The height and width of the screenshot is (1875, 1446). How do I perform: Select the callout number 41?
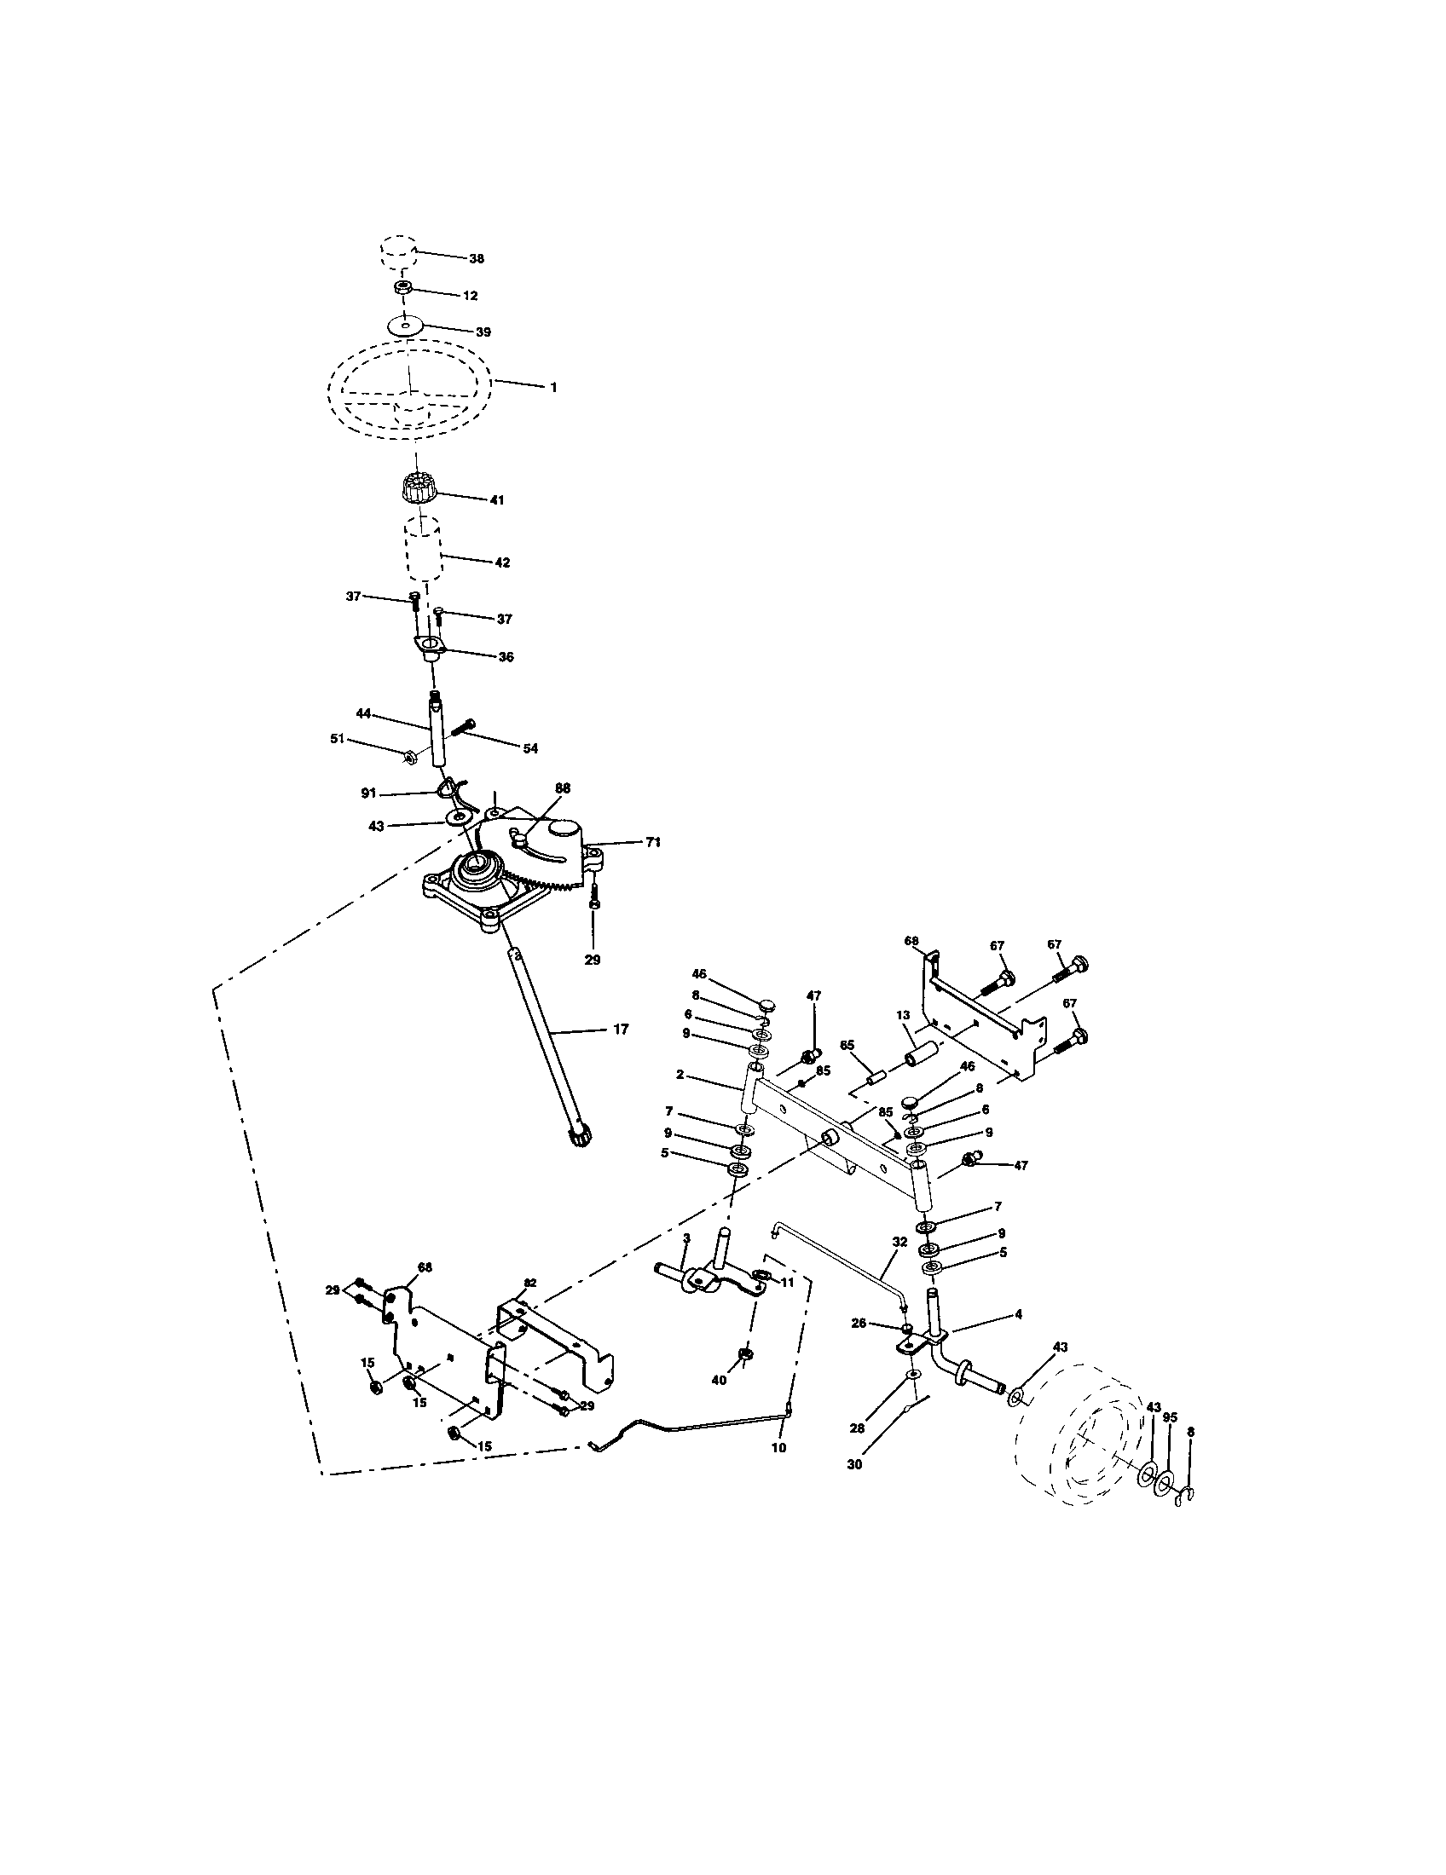click(496, 499)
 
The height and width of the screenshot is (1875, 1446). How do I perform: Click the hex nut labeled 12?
click(402, 289)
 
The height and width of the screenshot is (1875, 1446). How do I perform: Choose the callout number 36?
click(506, 657)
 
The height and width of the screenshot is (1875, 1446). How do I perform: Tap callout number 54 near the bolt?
click(529, 748)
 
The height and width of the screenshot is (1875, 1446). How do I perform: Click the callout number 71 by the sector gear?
click(653, 842)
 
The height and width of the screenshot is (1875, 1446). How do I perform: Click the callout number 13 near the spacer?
click(902, 1015)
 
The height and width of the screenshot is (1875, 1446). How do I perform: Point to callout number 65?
click(847, 1045)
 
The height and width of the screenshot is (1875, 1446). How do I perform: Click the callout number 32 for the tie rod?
click(899, 1242)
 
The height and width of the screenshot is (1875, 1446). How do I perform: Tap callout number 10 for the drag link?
click(778, 1447)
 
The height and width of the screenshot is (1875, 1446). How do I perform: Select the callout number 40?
click(720, 1380)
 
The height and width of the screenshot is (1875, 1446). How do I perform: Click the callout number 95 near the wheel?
click(1170, 1418)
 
